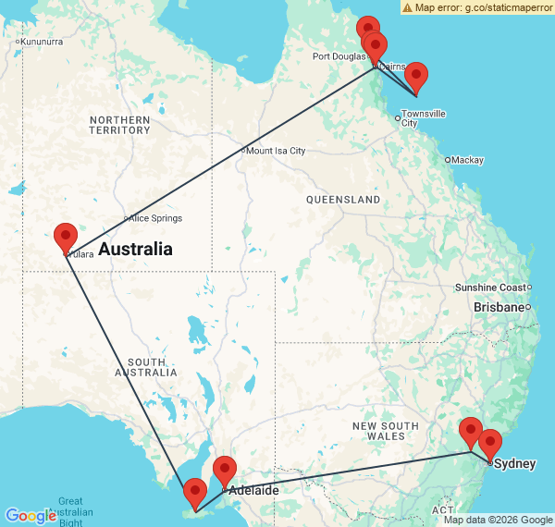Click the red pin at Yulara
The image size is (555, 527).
click(x=66, y=238)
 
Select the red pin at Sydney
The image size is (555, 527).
click(x=489, y=444)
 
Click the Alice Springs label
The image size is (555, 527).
click(x=155, y=219)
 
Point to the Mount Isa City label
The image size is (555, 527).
click(x=276, y=151)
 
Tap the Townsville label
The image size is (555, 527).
click(x=424, y=118)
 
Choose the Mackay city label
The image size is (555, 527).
click(x=467, y=160)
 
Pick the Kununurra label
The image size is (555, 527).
click(x=43, y=42)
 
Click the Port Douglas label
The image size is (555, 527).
click(x=339, y=56)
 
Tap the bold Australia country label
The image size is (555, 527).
click(x=135, y=250)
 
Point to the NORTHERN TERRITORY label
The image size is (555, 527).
click(x=120, y=125)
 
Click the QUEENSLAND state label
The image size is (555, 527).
click(x=343, y=200)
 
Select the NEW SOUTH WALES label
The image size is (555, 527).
click(x=386, y=431)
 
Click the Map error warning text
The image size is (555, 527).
click(x=477, y=7)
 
